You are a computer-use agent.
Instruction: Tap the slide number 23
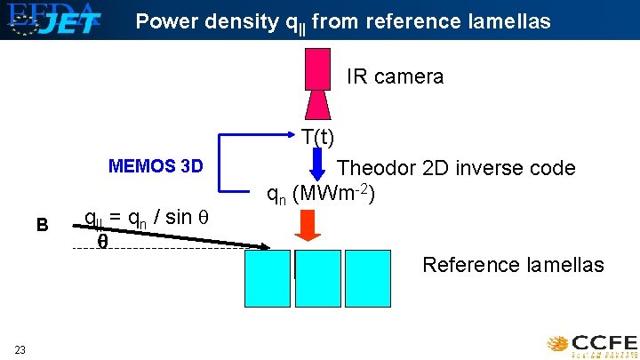tap(20, 349)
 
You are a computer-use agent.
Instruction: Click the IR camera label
tap(395, 76)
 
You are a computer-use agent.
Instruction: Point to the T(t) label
tap(317, 137)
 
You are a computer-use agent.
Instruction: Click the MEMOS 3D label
tap(156, 166)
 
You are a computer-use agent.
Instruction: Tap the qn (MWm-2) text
tap(321, 193)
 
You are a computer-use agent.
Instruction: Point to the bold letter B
tap(42, 224)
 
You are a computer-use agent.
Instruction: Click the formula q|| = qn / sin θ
tap(144, 218)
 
